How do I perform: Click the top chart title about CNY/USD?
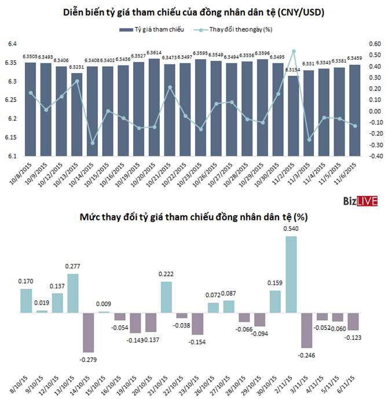[x=193, y=12]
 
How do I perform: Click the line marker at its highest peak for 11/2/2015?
[x=294, y=51]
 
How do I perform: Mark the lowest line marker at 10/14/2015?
[x=92, y=143]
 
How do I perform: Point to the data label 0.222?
[x=166, y=274]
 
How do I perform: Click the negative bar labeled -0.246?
[x=306, y=330]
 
